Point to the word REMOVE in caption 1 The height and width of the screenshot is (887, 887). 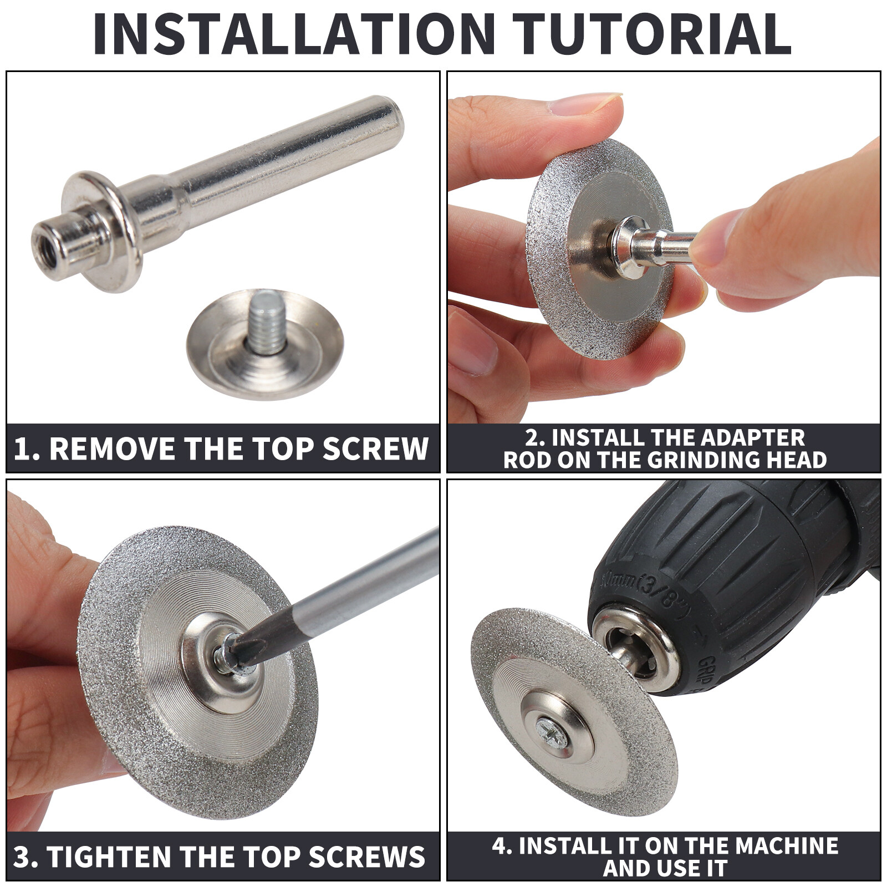pos(113,449)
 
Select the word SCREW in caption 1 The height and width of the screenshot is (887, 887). pos(375,449)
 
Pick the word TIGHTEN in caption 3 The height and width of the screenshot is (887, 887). pos(109,857)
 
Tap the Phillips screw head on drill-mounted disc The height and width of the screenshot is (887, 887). pos(552,734)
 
